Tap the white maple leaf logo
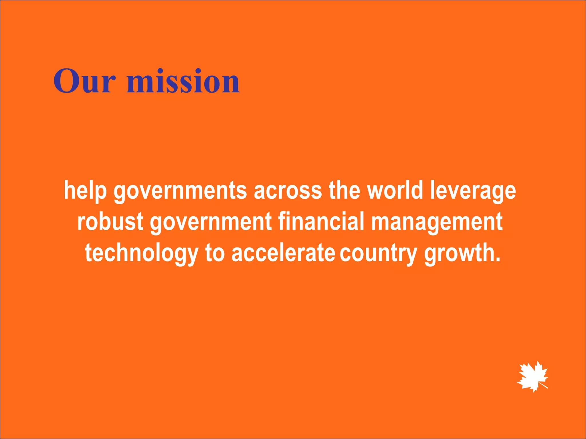click(x=532, y=376)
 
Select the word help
click(x=85, y=191)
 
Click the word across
click(x=288, y=191)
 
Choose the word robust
click(x=110, y=222)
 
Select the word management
click(x=437, y=222)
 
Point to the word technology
click(x=142, y=254)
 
